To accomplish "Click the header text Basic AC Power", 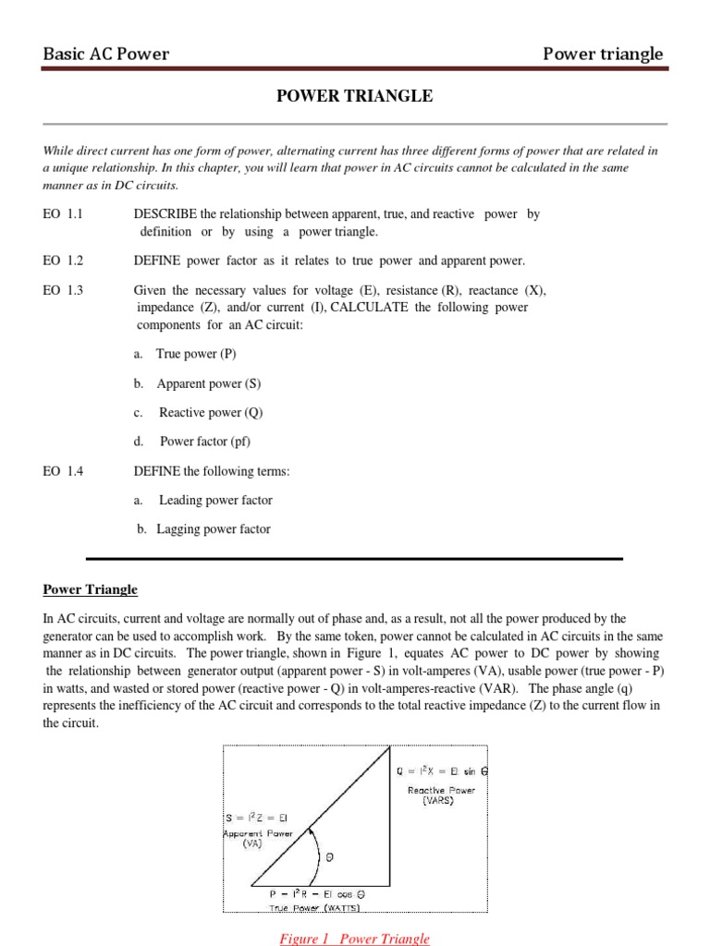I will coord(106,54).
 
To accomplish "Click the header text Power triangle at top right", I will coord(603,54).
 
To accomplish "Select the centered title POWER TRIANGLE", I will coord(355,96).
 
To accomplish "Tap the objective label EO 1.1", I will coord(63,213).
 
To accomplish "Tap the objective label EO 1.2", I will coord(63,261).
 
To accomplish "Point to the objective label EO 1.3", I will coord(63,290).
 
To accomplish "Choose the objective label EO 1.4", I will coord(63,471).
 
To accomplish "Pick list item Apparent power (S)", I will coord(208,383).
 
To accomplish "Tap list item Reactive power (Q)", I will coord(207,413).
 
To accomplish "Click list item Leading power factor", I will coord(215,500).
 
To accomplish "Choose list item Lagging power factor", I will coord(213,529).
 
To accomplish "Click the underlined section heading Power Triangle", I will coord(91,589).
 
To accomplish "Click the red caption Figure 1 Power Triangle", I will coord(355,938).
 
